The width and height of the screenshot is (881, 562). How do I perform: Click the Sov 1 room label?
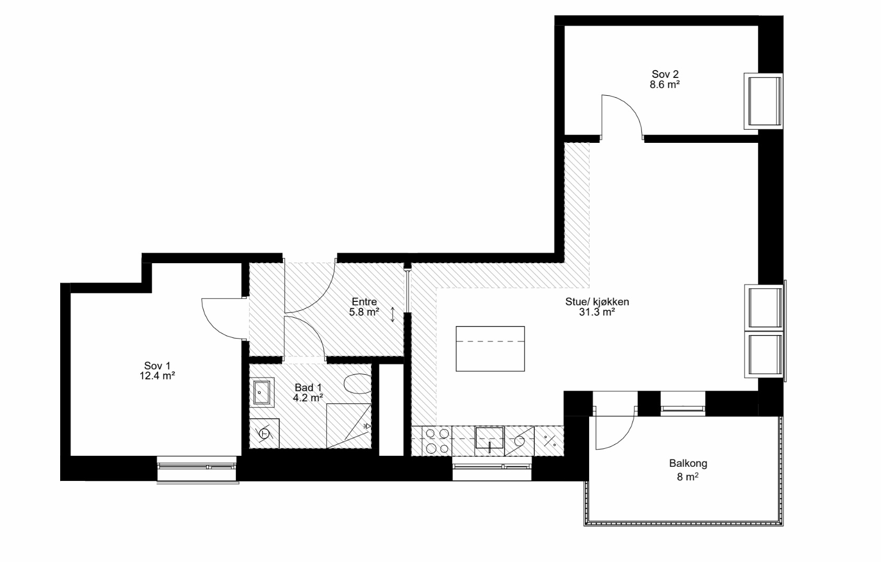click(x=157, y=366)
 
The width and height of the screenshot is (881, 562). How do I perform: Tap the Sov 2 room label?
click(x=665, y=74)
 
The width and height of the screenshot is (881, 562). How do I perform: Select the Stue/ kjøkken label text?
click(x=597, y=301)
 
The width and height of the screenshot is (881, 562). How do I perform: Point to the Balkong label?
click(x=688, y=463)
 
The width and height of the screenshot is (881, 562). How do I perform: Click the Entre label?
click(x=364, y=301)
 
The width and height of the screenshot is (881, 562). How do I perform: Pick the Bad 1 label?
click(x=308, y=388)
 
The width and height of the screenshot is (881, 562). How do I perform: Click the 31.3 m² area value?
click(x=597, y=312)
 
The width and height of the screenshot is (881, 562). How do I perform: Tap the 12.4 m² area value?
click(x=157, y=376)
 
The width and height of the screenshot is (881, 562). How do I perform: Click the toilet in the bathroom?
click(x=357, y=384)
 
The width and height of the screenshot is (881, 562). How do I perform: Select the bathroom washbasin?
click(x=262, y=392)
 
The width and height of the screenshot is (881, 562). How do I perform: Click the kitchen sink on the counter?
click(x=489, y=438)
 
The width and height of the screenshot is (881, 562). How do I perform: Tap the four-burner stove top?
click(x=437, y=441)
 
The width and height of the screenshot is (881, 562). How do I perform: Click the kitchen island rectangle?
click(x=490, y=349)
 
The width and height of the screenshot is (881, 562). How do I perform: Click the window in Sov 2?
click(x=763, y=101)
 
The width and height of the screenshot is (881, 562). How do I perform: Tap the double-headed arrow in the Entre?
click(x=392, y=314)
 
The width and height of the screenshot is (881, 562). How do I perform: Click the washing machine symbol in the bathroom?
click(x=264, y=433)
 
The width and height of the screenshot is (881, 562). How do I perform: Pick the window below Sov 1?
click(x=197, y=468)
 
